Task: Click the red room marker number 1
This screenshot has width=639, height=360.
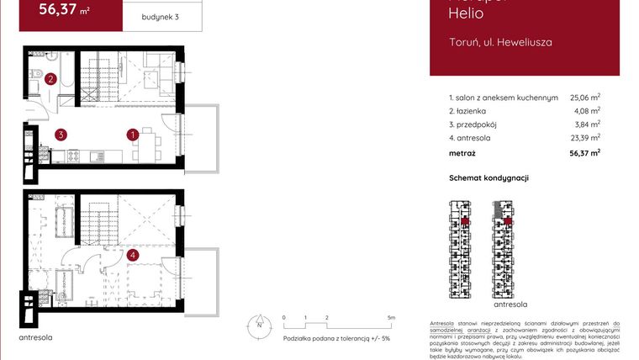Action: coord(133,134)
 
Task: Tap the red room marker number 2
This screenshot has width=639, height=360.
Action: coord(51,80)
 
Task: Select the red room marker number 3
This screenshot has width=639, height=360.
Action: coord(61,134)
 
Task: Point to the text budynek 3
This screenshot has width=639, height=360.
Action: coord(161,17)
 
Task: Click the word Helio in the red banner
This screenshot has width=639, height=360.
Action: coord(467,13)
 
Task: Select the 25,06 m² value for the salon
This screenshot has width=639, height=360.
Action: coord(584,98)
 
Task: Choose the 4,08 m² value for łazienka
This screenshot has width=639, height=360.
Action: coord(587,110)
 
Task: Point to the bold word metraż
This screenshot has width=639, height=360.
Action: coord(462,153)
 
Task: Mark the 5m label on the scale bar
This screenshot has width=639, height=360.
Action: coord(392,318)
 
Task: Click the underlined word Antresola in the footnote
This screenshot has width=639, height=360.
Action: coord(442,323)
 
